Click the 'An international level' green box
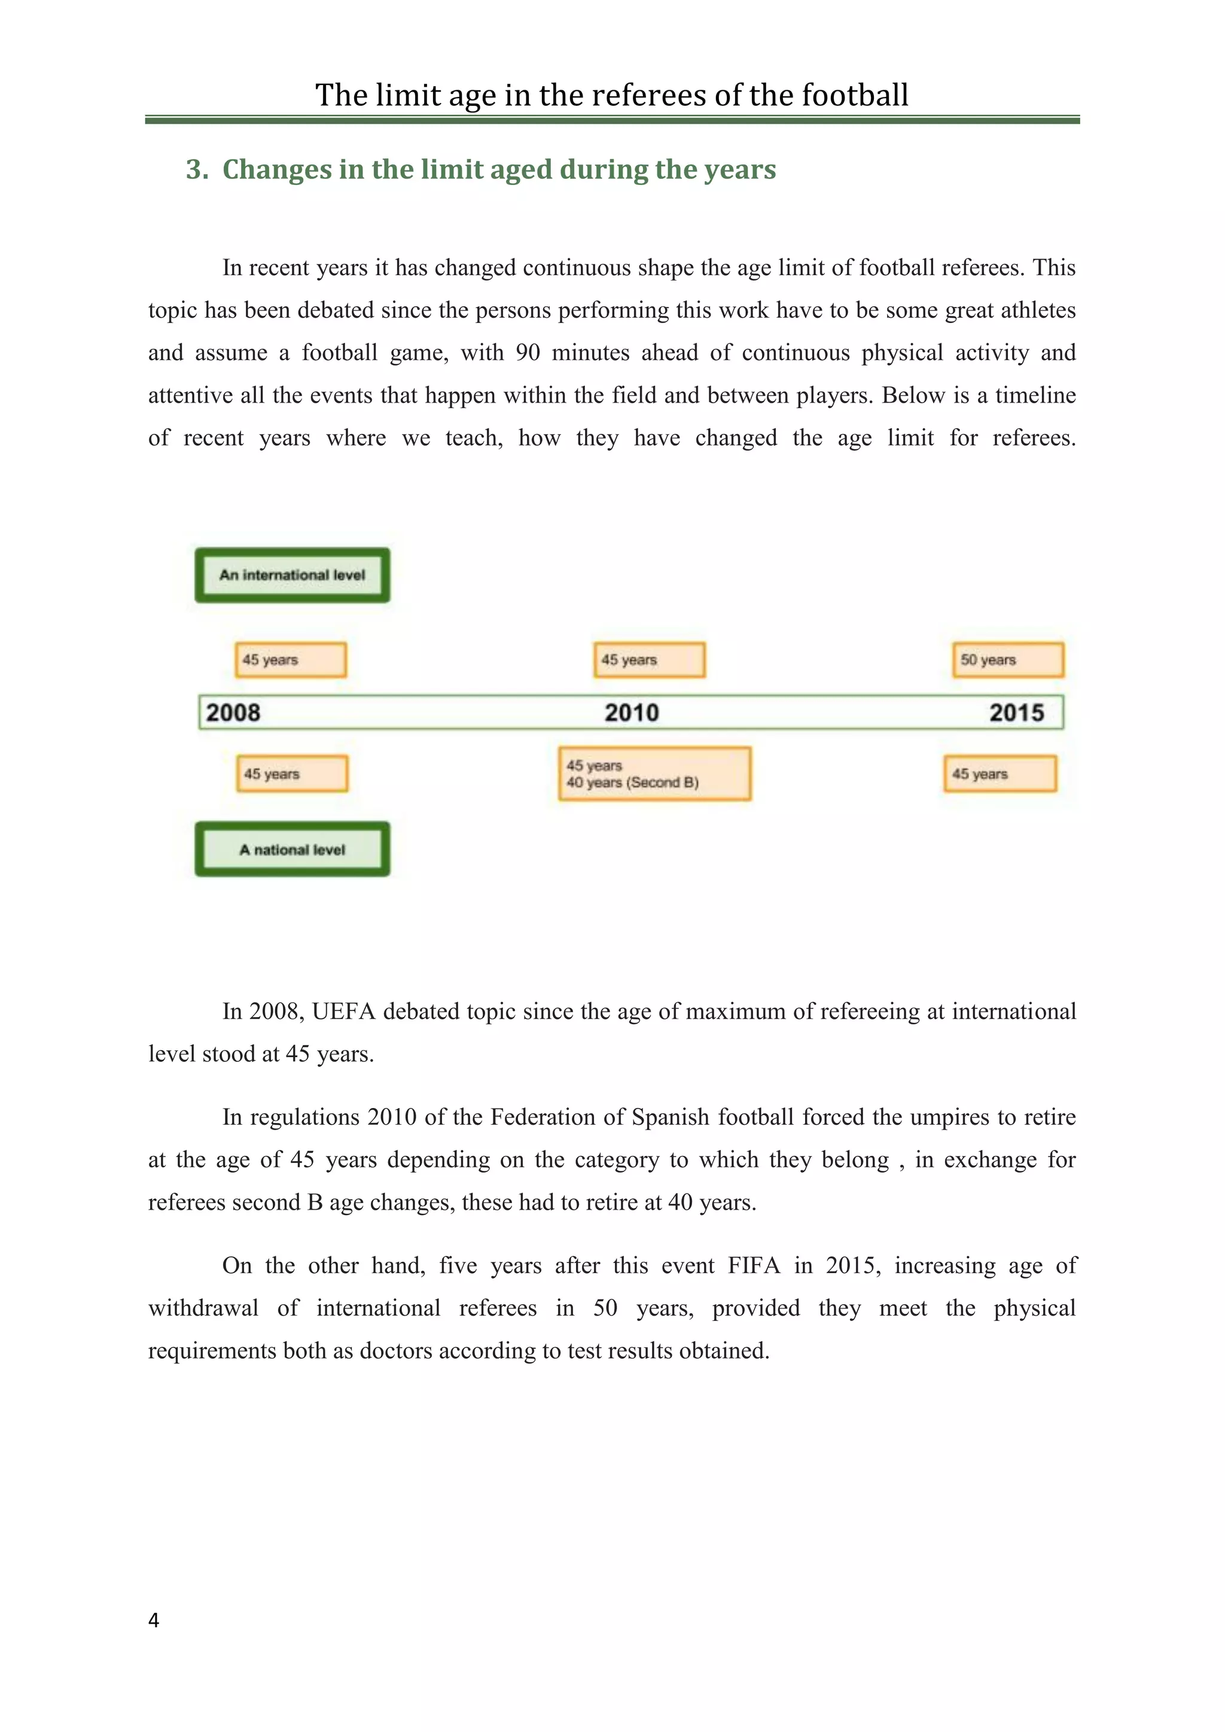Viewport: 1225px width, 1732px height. coord(292,575)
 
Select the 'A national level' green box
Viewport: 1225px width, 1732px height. coord(292,850)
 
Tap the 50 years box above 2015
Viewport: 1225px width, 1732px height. coord(1008,660)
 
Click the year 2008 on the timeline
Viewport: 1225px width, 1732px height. coord(233,713)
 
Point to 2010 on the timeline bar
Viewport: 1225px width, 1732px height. coord(632,713)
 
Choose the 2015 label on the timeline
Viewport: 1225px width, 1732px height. coord(1016,713)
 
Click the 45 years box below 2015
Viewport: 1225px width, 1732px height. coord(999,774)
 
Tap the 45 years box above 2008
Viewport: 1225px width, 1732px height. coord(291,660)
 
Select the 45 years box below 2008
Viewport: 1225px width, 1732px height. coord(292,774)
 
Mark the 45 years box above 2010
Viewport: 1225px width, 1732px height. coord(649,660)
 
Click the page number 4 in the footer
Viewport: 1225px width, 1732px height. coord(154,1620)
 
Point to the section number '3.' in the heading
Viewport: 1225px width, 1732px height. coord(197,170)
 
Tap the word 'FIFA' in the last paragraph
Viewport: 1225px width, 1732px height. coord(754,1265)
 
